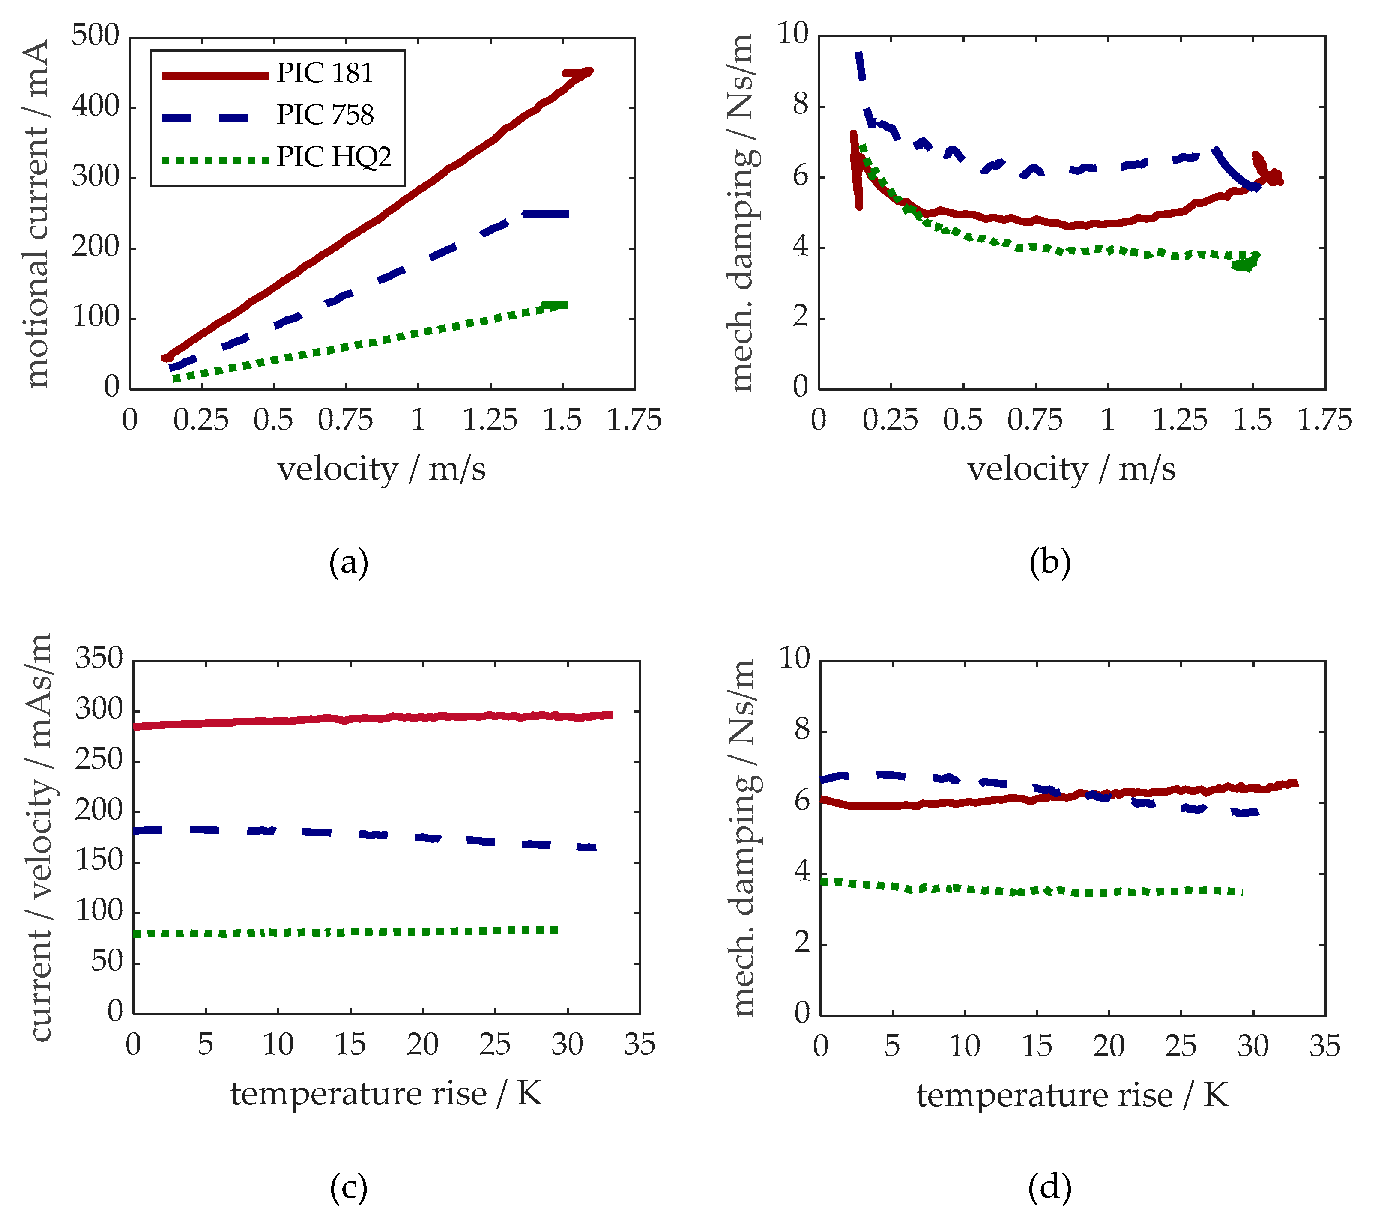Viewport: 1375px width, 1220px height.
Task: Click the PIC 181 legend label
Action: (x=325, y=73)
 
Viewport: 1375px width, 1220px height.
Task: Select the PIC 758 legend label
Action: (x=325, y=115)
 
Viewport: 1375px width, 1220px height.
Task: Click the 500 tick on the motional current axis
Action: (x=95, y=36)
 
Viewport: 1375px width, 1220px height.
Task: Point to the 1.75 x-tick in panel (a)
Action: (x=634, y=421)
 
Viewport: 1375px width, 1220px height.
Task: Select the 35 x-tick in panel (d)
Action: (x=1324, y=1047)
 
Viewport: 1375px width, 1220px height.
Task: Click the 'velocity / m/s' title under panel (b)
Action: (x=1071, y=469)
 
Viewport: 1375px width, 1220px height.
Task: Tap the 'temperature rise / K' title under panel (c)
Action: (x=386, y=1094)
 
